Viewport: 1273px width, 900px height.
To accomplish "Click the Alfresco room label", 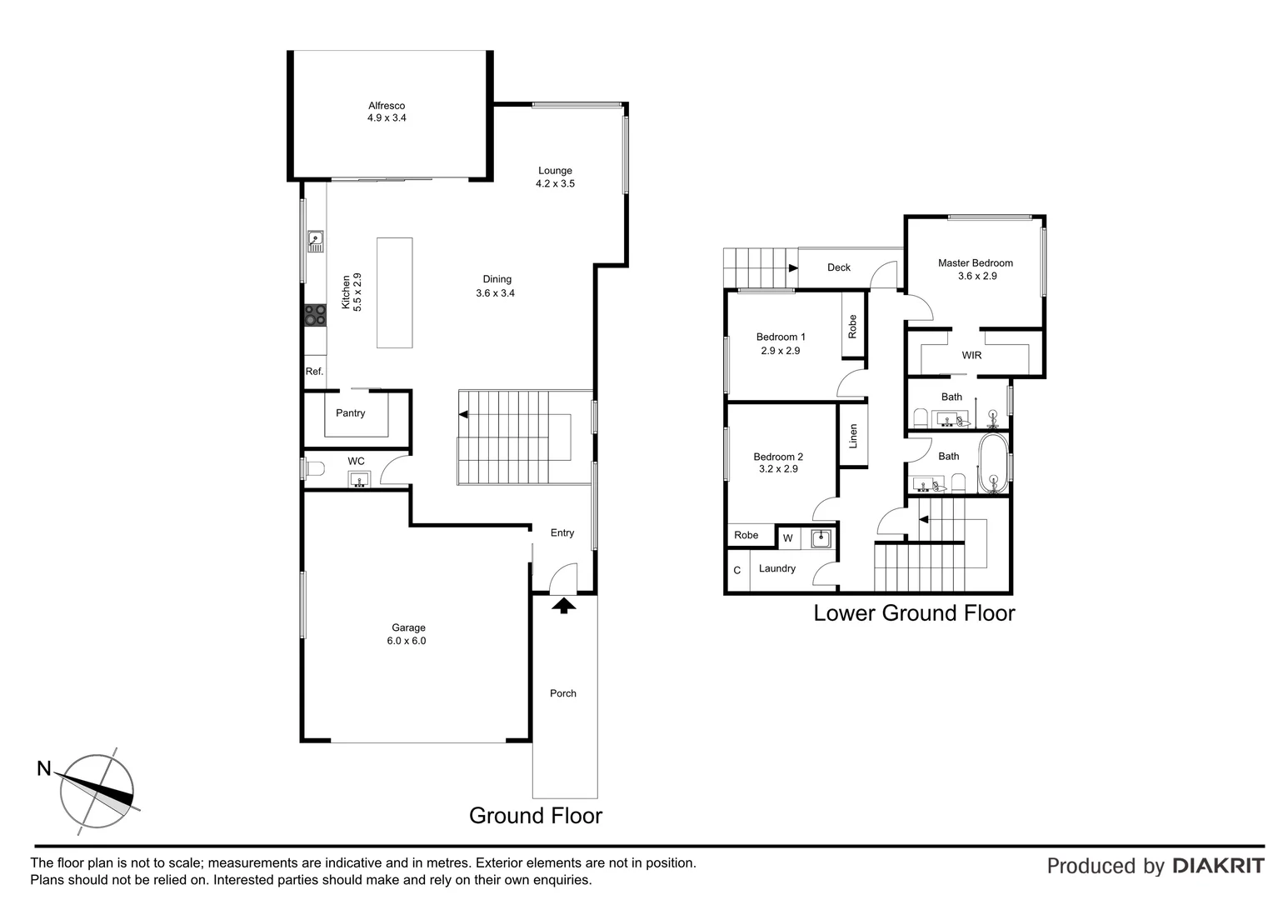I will [x=387, y=106].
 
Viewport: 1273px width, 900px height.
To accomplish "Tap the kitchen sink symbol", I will [x=315, y=241].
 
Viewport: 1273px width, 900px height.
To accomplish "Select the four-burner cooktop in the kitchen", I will [x=315, y=315].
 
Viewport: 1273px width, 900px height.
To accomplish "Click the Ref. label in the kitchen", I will [x=314, y=372].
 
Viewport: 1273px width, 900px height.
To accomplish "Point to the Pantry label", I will [x=350, y=413].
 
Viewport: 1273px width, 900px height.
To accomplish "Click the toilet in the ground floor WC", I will [x=312, y=469].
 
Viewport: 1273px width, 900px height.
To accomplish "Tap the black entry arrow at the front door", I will [x=564, y=606].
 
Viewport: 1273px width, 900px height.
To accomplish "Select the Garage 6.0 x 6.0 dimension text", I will [x=407, y=642].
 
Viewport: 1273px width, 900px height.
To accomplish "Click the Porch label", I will [x=563, y=693].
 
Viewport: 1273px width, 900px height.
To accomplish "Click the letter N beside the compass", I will [x=44, y=769].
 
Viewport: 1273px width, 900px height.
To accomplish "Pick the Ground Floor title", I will [x=535, y=816].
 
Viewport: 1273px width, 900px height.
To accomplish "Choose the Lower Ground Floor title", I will [x=914, y=613].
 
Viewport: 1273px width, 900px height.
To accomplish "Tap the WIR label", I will [x=971, y=356].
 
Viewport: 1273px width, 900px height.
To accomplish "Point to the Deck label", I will [x=839, y=267].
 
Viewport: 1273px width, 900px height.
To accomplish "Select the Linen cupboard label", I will [x=853, y=436].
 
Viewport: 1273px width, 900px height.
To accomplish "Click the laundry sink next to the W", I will [x=821, y=538].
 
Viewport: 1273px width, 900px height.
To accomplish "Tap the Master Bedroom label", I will [x=975, y=263].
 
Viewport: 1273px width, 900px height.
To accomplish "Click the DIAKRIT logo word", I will [x=1218, y=867].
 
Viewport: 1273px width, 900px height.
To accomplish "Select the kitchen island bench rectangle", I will [x=394, y=292].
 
